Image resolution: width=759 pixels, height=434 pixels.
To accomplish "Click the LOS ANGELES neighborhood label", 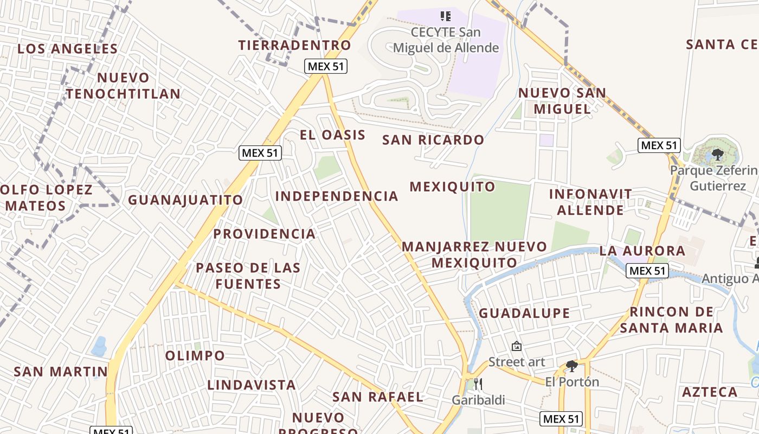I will tap(67, 49).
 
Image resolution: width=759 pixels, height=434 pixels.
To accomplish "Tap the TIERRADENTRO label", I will tap(295, 45).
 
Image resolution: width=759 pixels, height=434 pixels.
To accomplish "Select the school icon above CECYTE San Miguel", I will tap(445, 16).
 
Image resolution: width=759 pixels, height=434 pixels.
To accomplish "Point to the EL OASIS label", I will tap(332, 135).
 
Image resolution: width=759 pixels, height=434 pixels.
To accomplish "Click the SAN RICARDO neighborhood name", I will tap(433, 140).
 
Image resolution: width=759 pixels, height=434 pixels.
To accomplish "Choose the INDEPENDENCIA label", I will tap(337, 196).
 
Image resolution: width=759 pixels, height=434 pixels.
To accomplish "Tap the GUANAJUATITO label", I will tap(185, 200).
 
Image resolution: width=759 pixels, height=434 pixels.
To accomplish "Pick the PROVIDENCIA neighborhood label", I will tap(264, 234).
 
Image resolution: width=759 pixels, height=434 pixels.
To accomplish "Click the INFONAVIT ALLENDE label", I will tap(590, 202).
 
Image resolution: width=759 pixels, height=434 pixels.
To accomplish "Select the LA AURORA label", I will tap(642, 251).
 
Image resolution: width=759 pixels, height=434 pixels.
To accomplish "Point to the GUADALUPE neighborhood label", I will tap(524, 313).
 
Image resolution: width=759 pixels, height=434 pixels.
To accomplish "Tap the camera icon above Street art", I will tap(517, 346).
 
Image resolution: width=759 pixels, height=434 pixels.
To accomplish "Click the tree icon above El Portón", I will tap(571, 366).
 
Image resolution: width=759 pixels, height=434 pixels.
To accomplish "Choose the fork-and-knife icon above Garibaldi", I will tap(478, 384).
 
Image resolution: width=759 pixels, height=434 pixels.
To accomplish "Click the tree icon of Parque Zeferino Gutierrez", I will tap(718, 155).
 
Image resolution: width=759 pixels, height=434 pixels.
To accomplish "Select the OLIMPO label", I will tap(195, 356).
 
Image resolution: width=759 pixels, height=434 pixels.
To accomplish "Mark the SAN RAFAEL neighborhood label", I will tap(377, 397).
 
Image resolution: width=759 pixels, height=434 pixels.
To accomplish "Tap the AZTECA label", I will tap(710, 392).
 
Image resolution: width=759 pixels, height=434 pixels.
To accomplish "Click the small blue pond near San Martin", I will tap(99, 346).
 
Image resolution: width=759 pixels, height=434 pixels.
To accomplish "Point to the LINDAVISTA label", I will tap(252, 385).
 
